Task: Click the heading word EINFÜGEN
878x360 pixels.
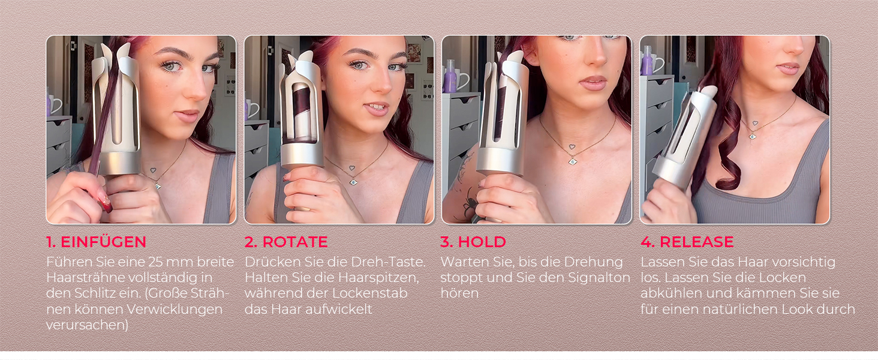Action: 104,242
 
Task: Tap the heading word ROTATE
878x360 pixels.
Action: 295,242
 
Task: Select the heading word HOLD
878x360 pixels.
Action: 482,242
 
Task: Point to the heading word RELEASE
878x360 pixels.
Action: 696,242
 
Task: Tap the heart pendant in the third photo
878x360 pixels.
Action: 572,147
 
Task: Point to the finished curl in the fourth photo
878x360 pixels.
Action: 725,149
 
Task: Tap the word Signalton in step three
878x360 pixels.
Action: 599,278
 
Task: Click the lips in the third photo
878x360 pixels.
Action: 593,83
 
